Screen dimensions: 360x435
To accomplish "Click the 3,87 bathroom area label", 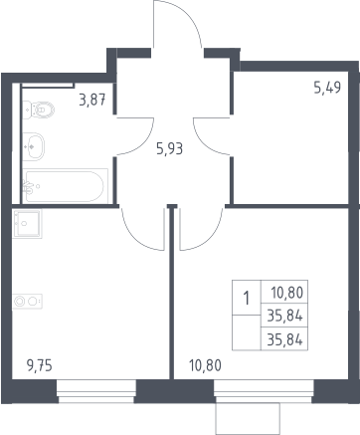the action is [92, 100].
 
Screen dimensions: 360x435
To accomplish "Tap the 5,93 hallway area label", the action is [169, 149].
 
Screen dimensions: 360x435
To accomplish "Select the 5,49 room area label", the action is [327, 88].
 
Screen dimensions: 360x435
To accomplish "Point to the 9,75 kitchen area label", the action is [39, 365].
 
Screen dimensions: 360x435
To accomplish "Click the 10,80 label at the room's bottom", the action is [205, 365].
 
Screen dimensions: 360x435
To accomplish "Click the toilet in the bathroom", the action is [39, 109].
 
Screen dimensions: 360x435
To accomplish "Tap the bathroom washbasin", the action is [33, 146].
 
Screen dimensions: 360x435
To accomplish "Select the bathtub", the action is [65, 186].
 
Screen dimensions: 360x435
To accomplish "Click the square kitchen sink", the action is [27, 223].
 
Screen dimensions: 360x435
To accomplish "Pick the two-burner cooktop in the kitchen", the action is [27, 302].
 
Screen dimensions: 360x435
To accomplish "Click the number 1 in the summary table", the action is [247, 298].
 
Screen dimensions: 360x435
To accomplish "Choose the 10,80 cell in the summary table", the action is [287, 293].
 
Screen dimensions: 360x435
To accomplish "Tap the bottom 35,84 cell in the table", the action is [284, 339].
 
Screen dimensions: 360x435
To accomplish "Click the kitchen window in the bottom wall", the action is [96, 391].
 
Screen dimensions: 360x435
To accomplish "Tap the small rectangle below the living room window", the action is [248, 418].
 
